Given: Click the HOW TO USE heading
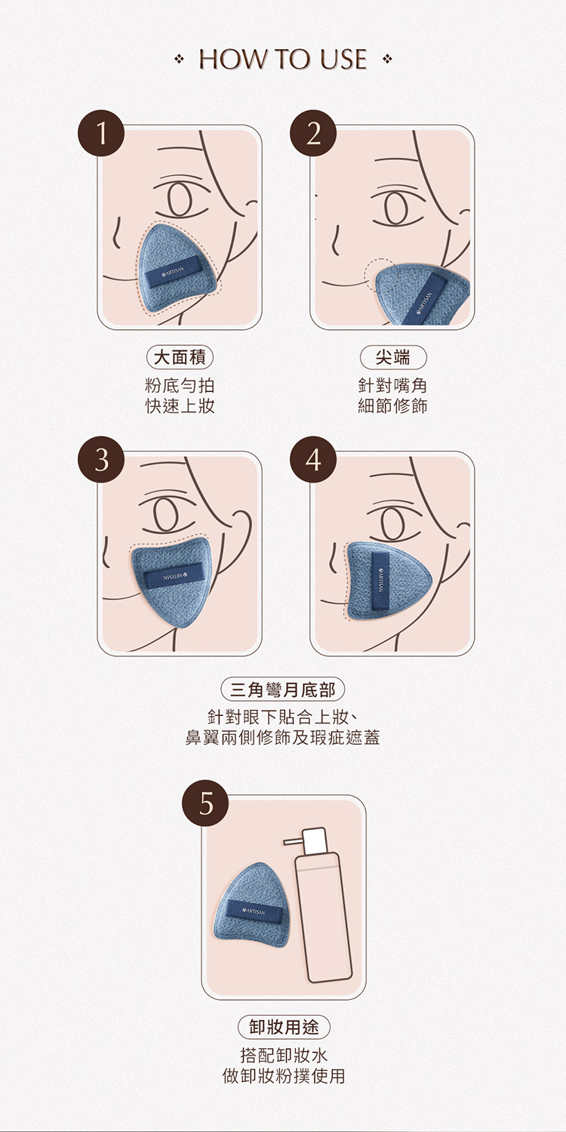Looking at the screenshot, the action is click(x=283, y=59).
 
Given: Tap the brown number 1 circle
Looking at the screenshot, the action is click(x=101, y=133).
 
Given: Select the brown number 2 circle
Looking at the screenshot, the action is click(x=313, y=133).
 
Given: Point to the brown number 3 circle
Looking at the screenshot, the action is click(x=101, y=459).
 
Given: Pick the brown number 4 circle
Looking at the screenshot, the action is click(x=313, y=459).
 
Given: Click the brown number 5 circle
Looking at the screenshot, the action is click(x=205, y=803).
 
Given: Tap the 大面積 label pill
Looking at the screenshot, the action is click(x=180, y=358).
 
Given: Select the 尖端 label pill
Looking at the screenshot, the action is click(x=393, y=358).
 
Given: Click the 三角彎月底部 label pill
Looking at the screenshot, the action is click(x=283, y=689).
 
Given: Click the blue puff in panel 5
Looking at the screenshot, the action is click(x=251, y=905).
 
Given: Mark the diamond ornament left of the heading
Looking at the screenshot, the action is click(x=178, y=60).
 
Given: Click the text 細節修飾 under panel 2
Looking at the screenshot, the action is click(x=393, y=406).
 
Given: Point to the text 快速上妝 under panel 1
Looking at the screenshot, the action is click(x=180, y=406).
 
